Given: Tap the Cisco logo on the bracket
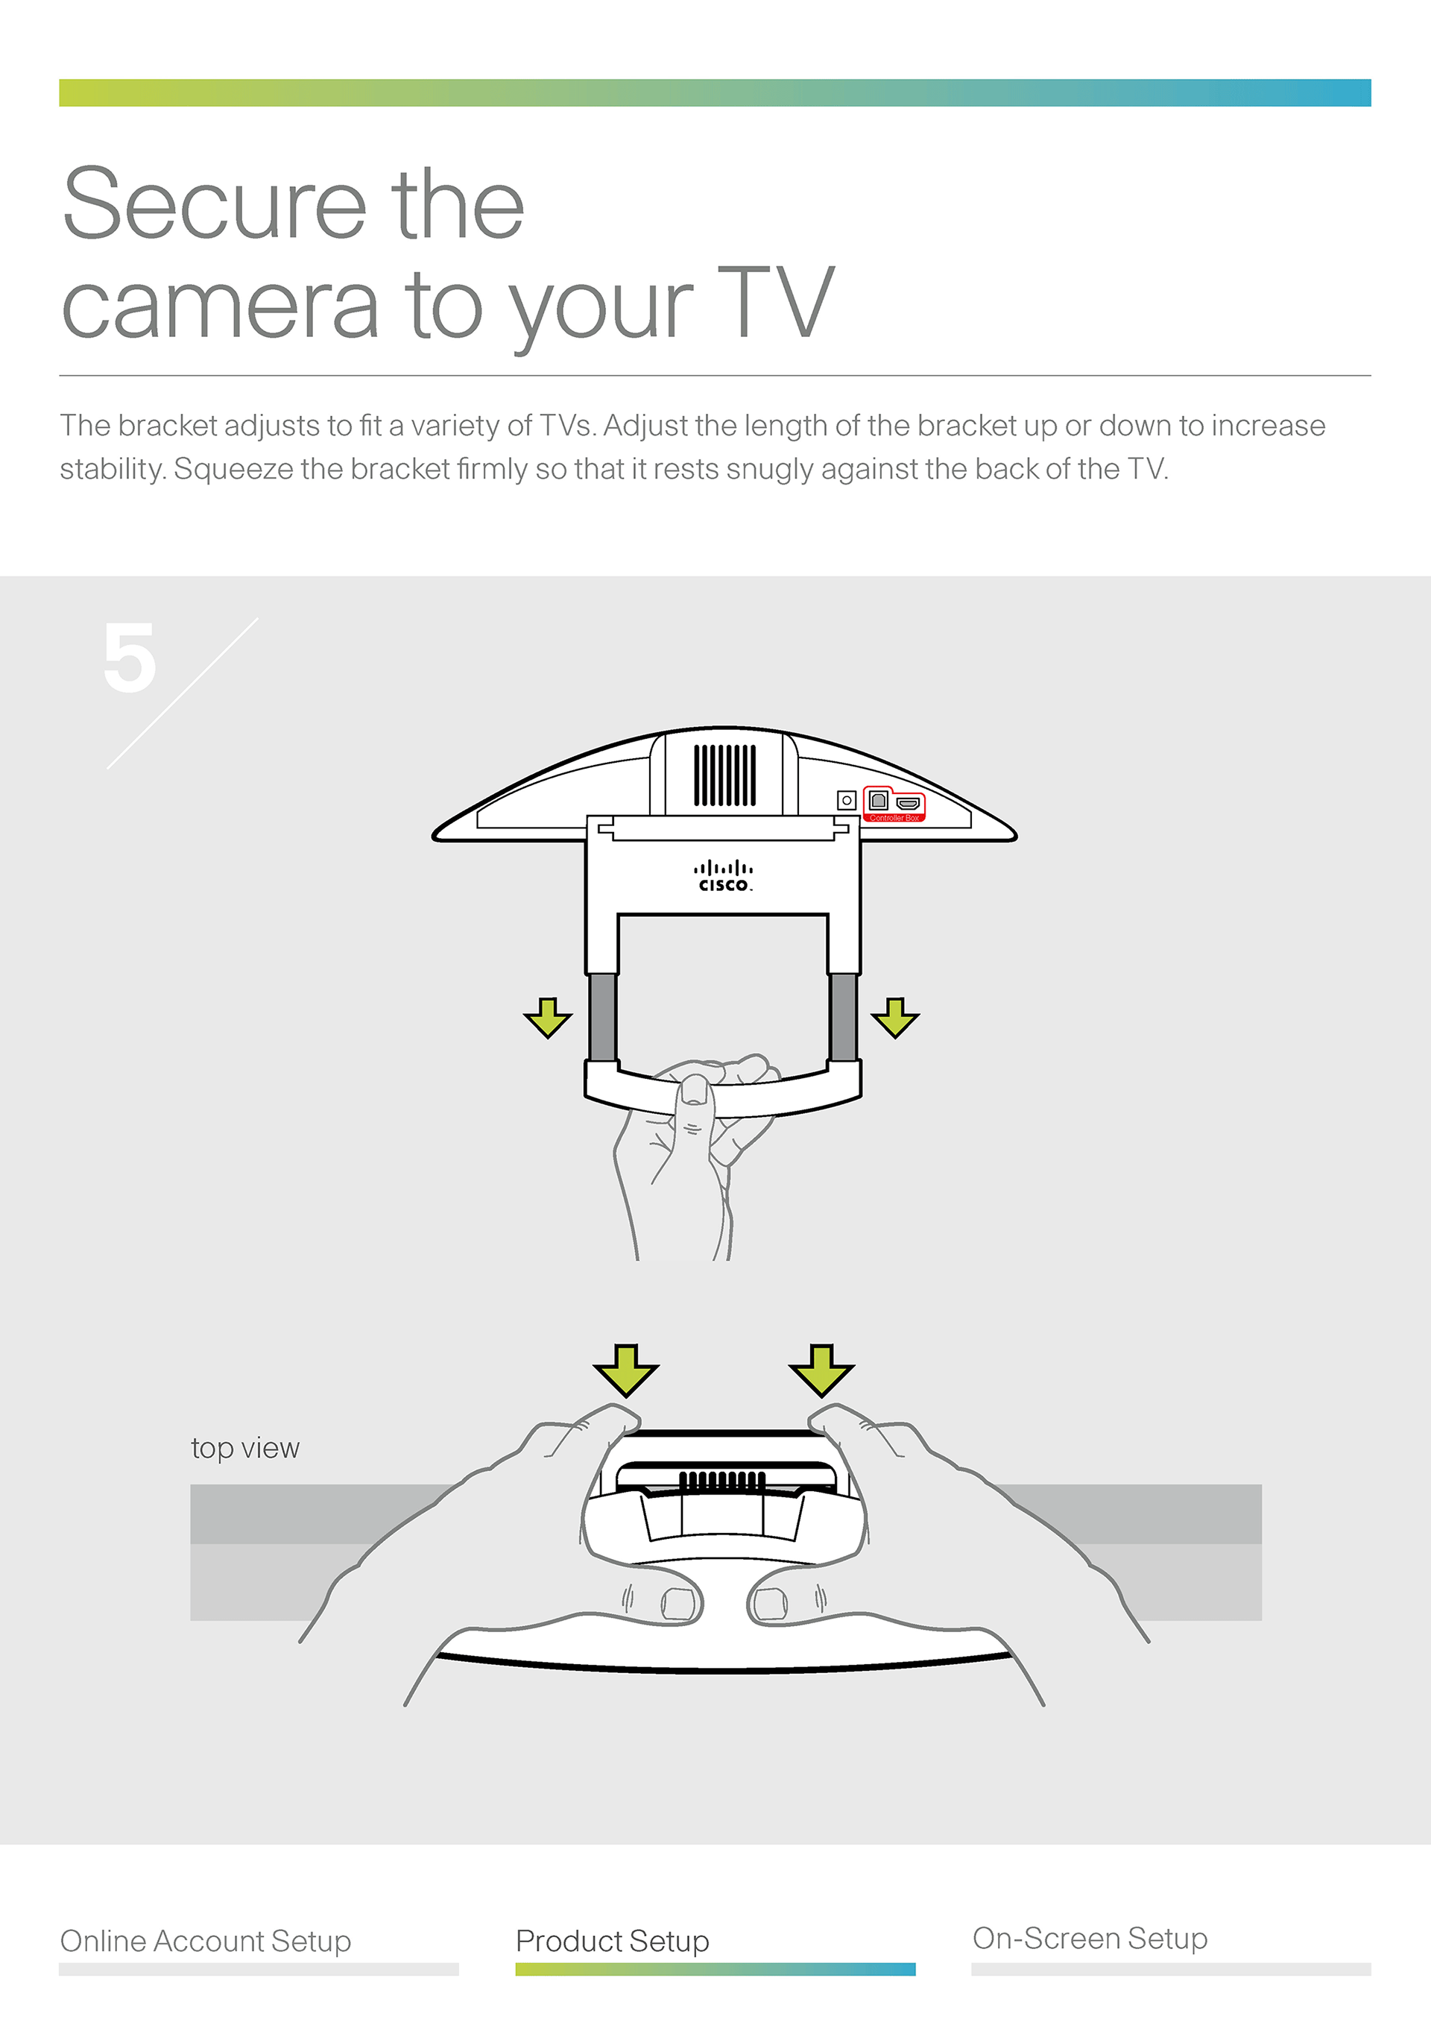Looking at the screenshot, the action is click(724, 876).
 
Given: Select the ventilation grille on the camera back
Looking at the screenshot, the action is click(724, 775).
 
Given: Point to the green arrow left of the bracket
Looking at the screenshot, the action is click(547, 1018).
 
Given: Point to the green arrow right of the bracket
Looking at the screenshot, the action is click(894, 1018).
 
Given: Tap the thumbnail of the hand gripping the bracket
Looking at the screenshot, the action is click(695, 1090).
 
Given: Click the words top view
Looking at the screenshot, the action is click(244, 1449).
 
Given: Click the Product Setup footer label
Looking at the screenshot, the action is click(612, 1941).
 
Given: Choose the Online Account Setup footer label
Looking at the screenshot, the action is click(205, 1941).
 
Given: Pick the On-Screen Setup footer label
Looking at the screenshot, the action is click(1090, 1938).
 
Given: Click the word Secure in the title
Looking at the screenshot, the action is click(214, 205).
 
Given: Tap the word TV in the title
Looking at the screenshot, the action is click(774, 305).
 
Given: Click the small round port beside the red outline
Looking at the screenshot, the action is click(847, 800).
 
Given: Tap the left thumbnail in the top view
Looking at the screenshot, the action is click(678, 1604).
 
